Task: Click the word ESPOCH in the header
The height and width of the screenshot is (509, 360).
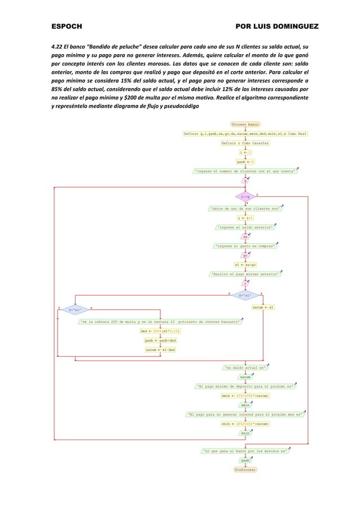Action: pos(67,27)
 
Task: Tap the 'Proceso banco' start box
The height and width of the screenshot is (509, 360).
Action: pos(245,124)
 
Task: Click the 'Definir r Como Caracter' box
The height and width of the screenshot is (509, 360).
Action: pos(245,143)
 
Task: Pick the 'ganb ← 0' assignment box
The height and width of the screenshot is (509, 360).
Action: pos(245,161)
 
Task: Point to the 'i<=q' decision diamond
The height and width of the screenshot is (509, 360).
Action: pos(245,196)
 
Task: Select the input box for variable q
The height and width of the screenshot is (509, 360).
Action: pos(245,181)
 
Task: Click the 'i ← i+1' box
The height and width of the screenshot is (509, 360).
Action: pos(245,217)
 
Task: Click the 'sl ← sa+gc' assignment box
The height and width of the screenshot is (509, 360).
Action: pos(245,265)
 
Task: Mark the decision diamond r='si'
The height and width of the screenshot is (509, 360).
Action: pos(245,295)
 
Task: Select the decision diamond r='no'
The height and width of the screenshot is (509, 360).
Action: pos(74,309)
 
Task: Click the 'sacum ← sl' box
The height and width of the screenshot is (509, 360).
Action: pos(264,308)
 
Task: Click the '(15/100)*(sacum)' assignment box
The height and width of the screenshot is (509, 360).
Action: pos(245,396)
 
